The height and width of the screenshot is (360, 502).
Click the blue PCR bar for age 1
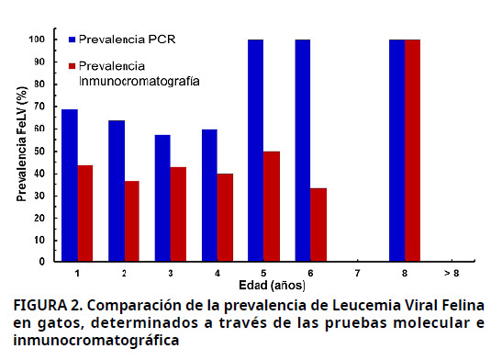70,186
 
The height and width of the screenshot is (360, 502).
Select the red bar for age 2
132,221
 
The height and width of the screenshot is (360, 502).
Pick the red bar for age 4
226,218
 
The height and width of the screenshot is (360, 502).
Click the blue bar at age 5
256,151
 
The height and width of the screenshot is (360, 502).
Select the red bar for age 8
412,151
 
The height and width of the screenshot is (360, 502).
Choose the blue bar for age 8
396,151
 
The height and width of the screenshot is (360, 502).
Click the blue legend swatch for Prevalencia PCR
73,40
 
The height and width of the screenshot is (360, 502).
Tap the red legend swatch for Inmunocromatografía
73,67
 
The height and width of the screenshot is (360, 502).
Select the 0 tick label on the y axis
42,262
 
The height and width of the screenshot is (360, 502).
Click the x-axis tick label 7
357,274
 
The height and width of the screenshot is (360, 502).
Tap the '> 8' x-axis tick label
451,274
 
